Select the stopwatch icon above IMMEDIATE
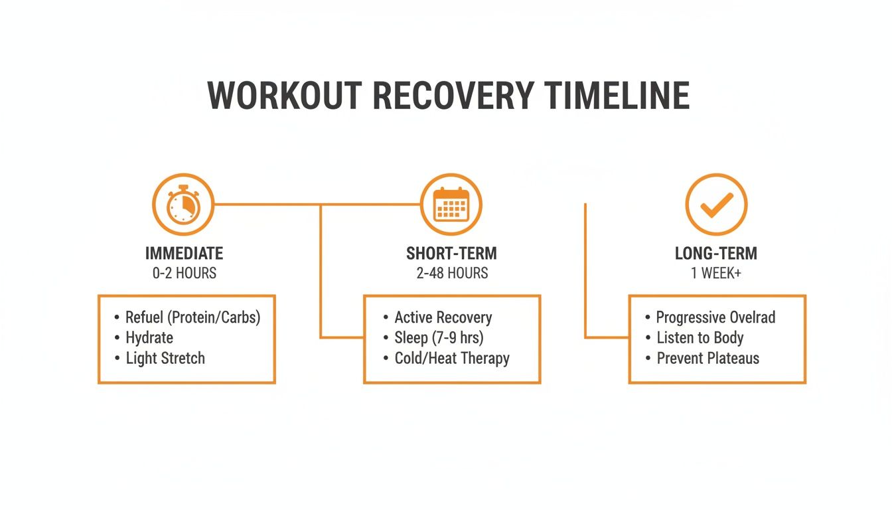coord(183,205)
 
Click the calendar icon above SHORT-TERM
coord(451,205)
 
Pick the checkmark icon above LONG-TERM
coord(716,205)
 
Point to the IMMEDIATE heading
coord(184,253)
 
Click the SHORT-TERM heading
coord(451,253)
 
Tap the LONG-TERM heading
coord(716,253)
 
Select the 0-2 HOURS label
coord(184,273)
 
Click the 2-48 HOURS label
coord(451,273)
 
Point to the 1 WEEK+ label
coord(716,273)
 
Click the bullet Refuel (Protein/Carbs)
coord(192,317)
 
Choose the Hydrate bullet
coord(149,337)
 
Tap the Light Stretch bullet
coord(165,359)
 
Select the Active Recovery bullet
coord(443,317)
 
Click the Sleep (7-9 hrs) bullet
coord(439,337)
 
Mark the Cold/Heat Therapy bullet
coord(452,359)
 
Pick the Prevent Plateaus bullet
coord(707,359)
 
